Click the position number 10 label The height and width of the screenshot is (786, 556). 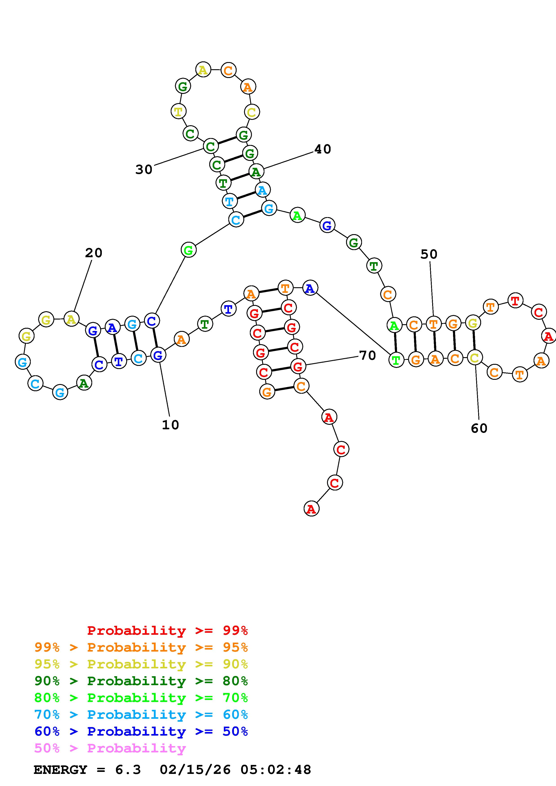[170, 425]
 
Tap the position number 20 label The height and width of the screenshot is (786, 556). [94, 253]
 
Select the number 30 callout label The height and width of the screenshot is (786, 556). [144, 169]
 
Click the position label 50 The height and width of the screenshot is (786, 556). [429, 254]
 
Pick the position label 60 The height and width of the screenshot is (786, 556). [479, 428]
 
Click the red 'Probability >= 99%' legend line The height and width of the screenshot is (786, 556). [168, 631]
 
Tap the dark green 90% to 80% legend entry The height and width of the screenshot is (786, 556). [141, 681]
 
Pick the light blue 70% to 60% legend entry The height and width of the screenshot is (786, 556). [141, 715]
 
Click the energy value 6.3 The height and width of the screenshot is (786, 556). [128, 770]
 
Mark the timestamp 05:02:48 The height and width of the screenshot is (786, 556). [276, 770]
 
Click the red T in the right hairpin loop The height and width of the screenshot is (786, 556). [515, 300]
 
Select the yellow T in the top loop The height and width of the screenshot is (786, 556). [178, 111]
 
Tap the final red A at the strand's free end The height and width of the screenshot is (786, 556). [311, 509]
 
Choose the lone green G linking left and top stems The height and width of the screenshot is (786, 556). [188, 250]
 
